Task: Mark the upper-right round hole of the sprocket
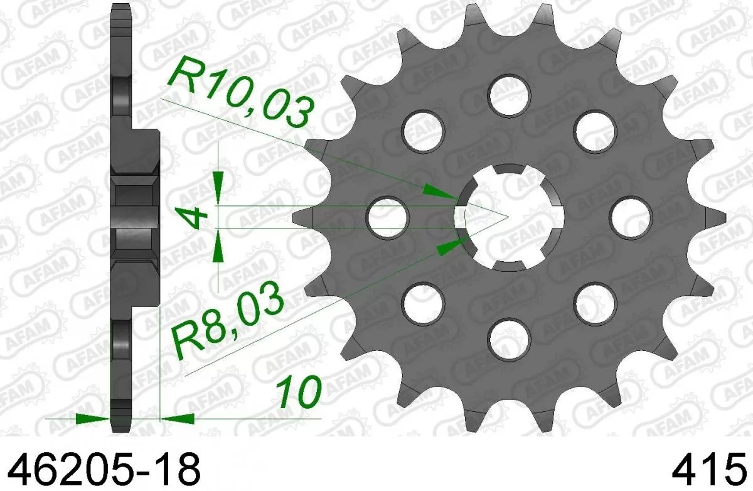593,130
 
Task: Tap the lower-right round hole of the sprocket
593,303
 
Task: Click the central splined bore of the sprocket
510,217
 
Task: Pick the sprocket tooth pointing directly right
715,217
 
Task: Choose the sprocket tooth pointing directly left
301,217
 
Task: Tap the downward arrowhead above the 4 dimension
217,187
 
